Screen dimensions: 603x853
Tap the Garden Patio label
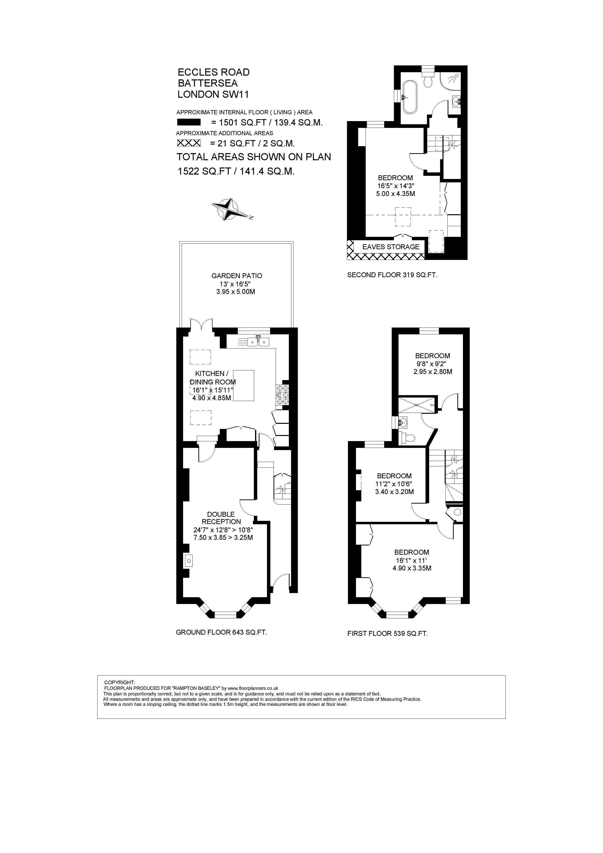pyautogui.click(x=237, y=276)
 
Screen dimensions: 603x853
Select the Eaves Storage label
pyautogui.click(x=391, y=247)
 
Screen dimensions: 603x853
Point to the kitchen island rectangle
pyautogui.click(x=243, y=385)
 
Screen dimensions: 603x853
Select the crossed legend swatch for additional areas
pyautogui.click(x=189, y=143)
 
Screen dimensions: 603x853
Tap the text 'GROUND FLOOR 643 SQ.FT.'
pyautogui.click(x=222, y=632)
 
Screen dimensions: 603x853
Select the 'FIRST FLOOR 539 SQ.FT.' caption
pyautogui.click(x=388, y=633)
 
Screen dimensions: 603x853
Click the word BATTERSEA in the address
pyautogui.click(x=208, y=83)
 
